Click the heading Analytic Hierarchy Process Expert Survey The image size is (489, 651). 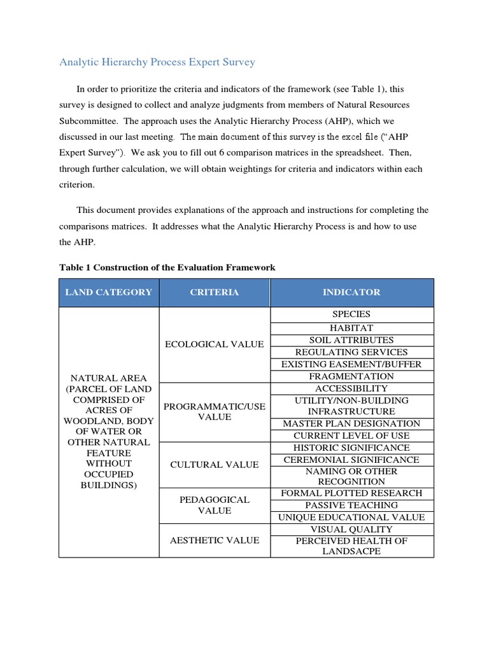(x=157, y=62)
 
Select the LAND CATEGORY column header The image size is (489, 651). (x=109, y=292)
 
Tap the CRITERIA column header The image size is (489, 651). (x=215, y=292)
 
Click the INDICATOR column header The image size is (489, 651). (x=351, y=292)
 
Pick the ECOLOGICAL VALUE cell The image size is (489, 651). (x=215, y=345)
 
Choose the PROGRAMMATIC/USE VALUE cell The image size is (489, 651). (x=215, y=411)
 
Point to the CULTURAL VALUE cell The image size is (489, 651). (x=215, y=465)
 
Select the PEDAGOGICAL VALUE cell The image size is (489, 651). (x=215, y=505)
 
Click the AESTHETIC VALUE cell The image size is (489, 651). (x=215, y=540)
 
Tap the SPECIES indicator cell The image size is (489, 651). (x=351, y=314)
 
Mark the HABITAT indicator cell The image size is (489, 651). (x=351, y=328)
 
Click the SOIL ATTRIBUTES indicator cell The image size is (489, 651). (x=351, y=340)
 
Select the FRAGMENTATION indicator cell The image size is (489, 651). (x=351, y=376)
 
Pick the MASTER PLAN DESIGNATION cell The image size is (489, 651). (x=351, y=423)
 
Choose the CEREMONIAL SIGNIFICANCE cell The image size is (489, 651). (x=351, y=460)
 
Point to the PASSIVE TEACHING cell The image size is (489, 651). (x=351, y=505)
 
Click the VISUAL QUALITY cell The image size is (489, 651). (x=351, y=529)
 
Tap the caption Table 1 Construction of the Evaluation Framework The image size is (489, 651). (x=167, y=268)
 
